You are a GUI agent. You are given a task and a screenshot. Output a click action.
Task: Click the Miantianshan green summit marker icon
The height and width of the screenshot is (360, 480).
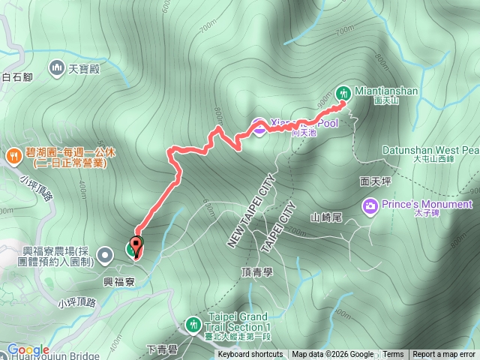(343, 92)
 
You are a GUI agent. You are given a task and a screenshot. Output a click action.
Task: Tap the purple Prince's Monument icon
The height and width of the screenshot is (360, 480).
(370, 205)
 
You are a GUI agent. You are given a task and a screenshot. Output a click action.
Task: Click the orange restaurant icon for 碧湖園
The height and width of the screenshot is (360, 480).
(13, 156)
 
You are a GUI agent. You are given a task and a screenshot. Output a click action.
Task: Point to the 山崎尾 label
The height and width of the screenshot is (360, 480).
(325, 217)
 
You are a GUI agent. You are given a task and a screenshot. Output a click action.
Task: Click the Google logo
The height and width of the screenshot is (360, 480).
(28, 349)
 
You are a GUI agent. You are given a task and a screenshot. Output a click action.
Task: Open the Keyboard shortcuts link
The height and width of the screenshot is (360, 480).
(250, 355)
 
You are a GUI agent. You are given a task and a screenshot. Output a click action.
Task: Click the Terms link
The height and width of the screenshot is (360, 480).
(393, 355)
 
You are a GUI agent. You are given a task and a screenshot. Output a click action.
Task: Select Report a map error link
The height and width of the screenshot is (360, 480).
(444, 355)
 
